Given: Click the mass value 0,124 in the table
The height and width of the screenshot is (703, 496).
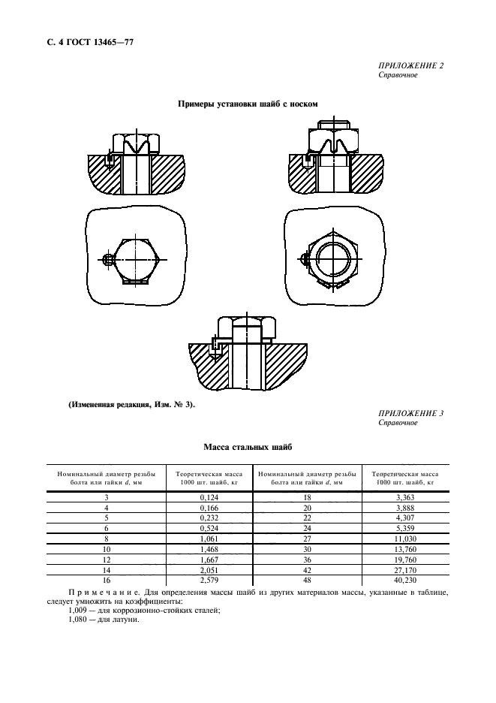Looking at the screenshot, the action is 209,497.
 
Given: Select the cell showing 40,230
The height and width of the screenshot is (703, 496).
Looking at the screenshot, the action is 405,581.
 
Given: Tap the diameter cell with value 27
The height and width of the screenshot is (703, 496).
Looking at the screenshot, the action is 307,539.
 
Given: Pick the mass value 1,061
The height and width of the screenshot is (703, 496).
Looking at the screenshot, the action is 209,539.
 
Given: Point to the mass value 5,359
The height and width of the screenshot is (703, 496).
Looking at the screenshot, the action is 405,528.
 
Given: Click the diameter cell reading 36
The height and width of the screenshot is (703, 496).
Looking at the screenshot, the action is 307,560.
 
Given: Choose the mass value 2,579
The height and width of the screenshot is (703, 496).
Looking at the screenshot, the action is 209,581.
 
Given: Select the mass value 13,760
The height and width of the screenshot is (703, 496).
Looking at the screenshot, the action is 405,549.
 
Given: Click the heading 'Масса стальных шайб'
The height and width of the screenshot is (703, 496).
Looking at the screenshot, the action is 248,447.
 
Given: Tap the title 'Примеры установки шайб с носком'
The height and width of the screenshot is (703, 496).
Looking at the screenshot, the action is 248,104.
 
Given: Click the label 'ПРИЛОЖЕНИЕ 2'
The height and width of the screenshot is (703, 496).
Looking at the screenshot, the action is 411,65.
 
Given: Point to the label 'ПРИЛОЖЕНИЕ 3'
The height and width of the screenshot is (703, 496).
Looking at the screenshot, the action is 411,413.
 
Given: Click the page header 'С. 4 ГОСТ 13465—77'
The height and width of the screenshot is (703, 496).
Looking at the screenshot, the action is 90,43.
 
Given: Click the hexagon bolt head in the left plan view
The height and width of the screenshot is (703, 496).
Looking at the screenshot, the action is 136,259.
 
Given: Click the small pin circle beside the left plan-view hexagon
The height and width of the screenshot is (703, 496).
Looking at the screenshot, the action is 107,259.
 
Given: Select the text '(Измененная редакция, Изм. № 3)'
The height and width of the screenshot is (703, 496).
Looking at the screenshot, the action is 132,404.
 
